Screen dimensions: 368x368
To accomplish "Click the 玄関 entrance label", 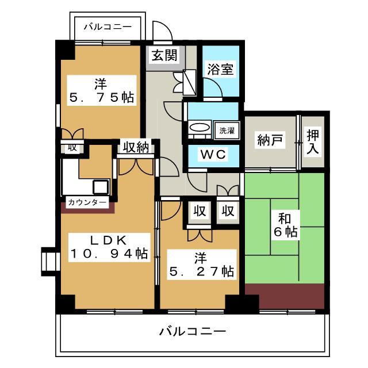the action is (164, 55).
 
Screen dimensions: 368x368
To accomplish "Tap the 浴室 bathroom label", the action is (220, 69).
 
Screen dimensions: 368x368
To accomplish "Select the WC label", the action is (213, 154).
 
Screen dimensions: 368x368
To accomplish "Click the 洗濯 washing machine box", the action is (227, 131).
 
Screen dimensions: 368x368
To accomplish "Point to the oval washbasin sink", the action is (200, 128).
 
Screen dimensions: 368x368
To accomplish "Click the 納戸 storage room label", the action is (270, 140).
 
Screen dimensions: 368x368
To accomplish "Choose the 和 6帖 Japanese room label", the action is (285, 225).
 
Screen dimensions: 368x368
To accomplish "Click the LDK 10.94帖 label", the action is (109, 247).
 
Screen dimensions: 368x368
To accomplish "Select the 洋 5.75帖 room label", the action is (102, 91).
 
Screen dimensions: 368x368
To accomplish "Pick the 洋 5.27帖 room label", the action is (201, 264).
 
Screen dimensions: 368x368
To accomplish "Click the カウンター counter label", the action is (87, 202).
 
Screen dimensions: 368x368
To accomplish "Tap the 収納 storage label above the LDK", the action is (136, 148).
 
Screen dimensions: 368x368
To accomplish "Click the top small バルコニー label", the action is (108, 26).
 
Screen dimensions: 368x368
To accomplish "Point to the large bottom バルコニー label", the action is (193, 331).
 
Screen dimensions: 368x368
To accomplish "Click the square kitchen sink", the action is (101, 187).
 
